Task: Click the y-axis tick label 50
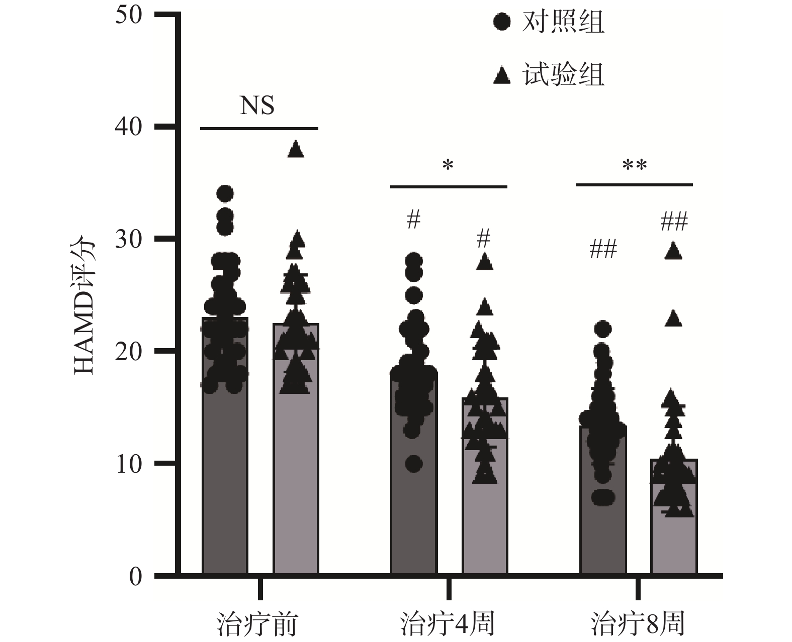pos(129,16)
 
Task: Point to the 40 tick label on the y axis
pos(129,128)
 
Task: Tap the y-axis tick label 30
pos(129,240)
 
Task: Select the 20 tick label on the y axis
pos(129,352)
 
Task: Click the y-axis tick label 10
pos(129,464)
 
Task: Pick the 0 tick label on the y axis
pos(136,576)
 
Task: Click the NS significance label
pos(257,106)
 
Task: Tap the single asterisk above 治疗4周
pos(448,166)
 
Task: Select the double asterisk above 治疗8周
pos(634,166)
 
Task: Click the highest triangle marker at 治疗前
pos(296,149)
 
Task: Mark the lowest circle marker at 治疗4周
pos(414,464)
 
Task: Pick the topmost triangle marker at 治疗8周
pos(674,251)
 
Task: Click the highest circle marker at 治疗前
pos(225,193)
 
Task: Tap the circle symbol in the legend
pos(502,23)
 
